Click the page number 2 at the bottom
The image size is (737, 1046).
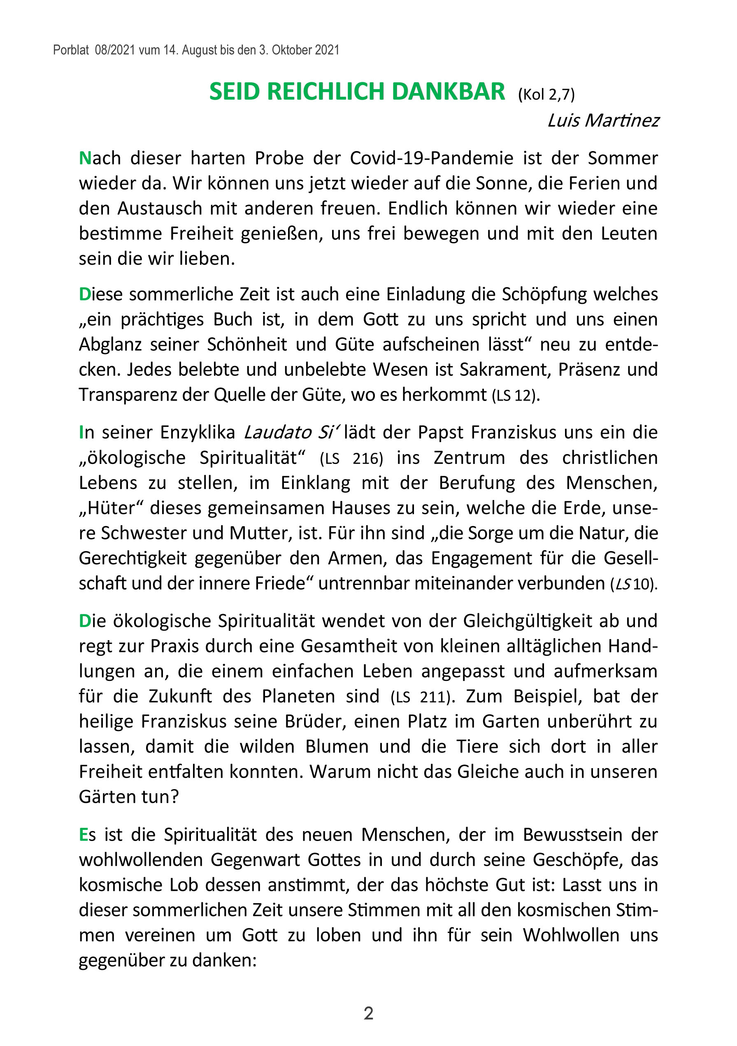coord(369,1013)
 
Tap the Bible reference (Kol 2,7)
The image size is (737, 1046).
coord(546,95)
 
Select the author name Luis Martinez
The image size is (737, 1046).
coord(603,121)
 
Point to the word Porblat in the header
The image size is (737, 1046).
coord(71,50)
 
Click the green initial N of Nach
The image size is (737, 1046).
coord(85,158)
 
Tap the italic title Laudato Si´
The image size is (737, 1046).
coord(291,432)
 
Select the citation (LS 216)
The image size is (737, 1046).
coord(351,458)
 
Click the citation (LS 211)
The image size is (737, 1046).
coord(422,697)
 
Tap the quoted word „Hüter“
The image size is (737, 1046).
coord(111,508)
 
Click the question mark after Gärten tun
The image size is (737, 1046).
coord(174,797)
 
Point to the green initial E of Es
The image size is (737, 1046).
coord(84,834)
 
